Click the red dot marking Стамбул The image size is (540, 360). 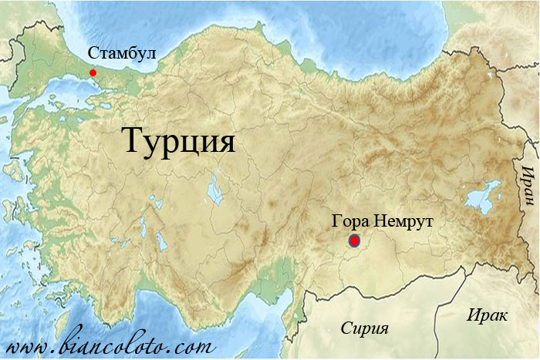[x=93, y=72]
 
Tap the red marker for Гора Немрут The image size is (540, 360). [x=354, y=241]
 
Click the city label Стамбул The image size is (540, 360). [x=122, y=54]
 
